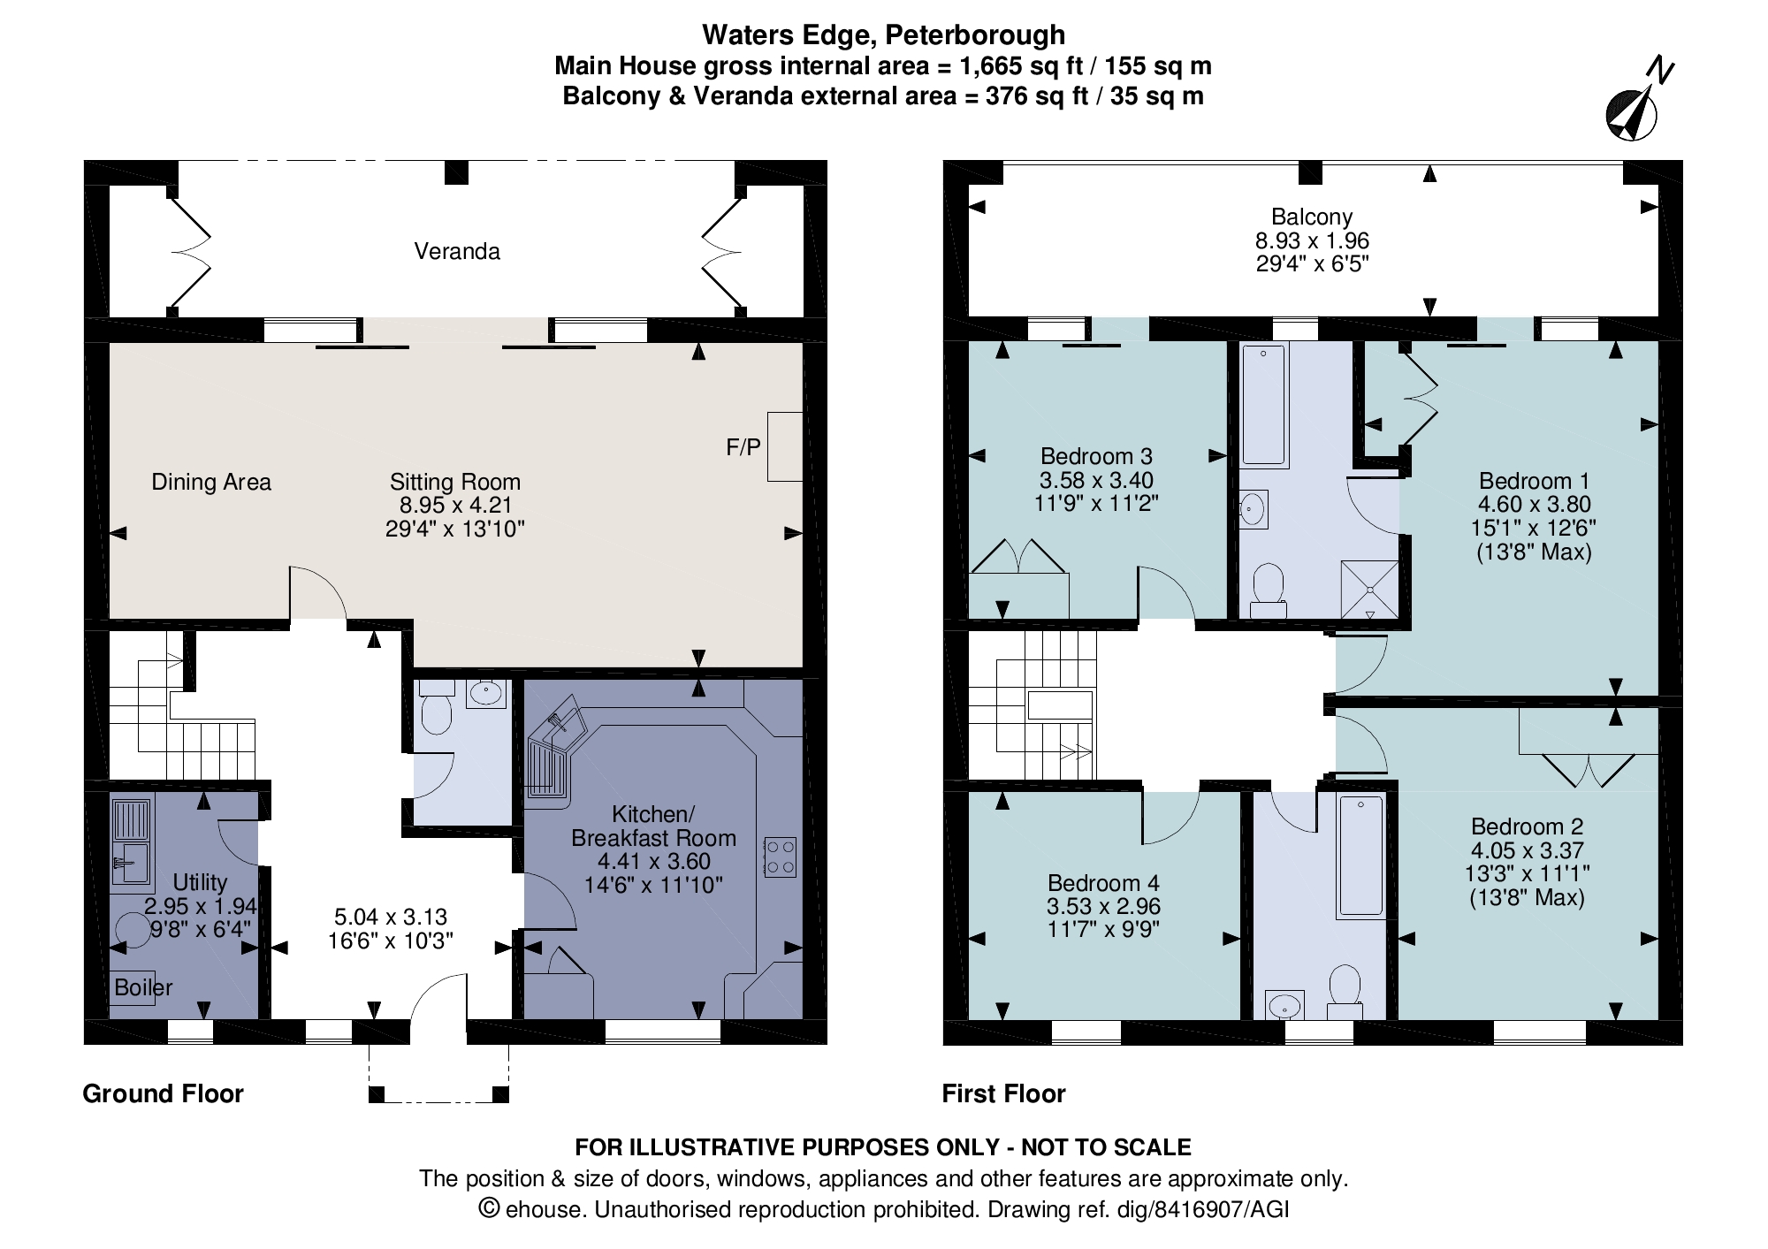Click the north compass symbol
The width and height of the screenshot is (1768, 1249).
(1632, 113)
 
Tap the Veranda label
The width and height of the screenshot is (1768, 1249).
(457, 252)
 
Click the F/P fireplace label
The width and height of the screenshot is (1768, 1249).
(743, 447)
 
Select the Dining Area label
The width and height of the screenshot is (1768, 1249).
(211, 482)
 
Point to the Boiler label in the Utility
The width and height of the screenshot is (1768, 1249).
(143, 987)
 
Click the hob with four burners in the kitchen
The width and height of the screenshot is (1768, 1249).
(780, 857)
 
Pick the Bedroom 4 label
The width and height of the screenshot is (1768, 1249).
(1103, 883)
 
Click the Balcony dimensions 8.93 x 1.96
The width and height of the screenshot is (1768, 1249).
(1312, 240)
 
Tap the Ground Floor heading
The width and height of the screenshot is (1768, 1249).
(163, 1094)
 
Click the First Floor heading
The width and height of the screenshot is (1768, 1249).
(1003, 1094)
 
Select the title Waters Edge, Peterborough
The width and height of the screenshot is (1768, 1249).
(883, 35)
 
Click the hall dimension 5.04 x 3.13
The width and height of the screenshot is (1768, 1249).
(391, 917)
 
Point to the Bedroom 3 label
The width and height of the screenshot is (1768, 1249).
(1096, 456)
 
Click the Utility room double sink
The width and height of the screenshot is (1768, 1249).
(133, 840)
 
